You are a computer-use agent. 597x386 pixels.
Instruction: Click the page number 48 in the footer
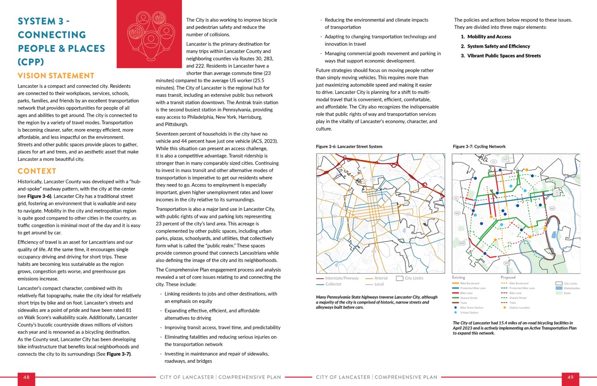click(26, 377)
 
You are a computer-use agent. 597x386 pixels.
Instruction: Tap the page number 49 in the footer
click(570, 377)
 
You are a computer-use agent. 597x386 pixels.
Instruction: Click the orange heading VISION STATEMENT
click(56, 76)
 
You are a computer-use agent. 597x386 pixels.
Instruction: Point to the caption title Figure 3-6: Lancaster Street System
click(349, 146)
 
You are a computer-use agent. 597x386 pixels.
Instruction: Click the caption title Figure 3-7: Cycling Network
click(479, 146)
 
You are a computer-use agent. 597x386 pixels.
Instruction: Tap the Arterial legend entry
click(380, 278)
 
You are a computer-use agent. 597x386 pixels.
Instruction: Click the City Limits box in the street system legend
click(399, 278)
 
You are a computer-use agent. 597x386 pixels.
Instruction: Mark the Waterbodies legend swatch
click(559, 288)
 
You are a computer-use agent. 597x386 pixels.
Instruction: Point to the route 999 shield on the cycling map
click(462, 243)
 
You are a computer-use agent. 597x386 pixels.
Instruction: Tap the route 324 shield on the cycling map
click(507, 263)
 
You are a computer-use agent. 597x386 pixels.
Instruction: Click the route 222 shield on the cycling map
click(505, 159)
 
